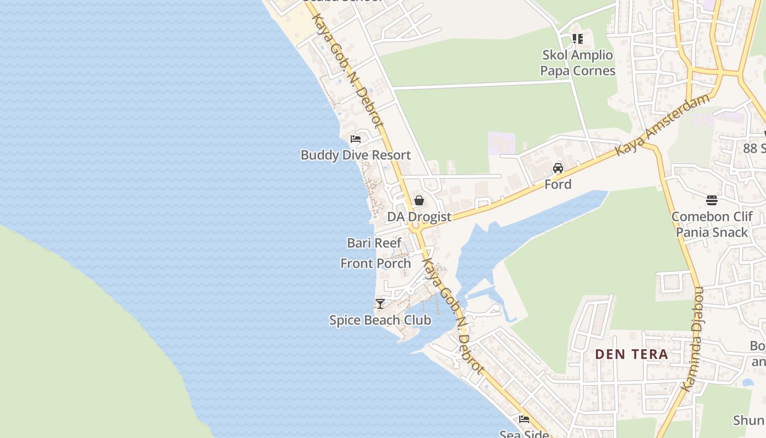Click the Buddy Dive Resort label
click(356, 155)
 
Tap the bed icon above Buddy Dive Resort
click(356, 139)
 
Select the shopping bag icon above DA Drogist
click(419, 200)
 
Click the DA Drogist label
click(419, 217)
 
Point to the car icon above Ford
click(558, 168)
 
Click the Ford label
click(558, 185)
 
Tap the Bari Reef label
click(374, 243)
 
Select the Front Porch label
click(375, 263)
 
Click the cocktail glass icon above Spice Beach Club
click(380, 303)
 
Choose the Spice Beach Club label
click(380, 320)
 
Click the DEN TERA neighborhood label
click(631, 354)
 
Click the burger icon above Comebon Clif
click(712, 200)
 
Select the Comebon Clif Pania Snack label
click(712, 224)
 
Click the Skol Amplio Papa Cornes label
click(578, 63)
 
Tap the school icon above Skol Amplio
click(578, 39)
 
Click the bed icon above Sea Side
click(524, 419)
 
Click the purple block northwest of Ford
click(501, 142)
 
